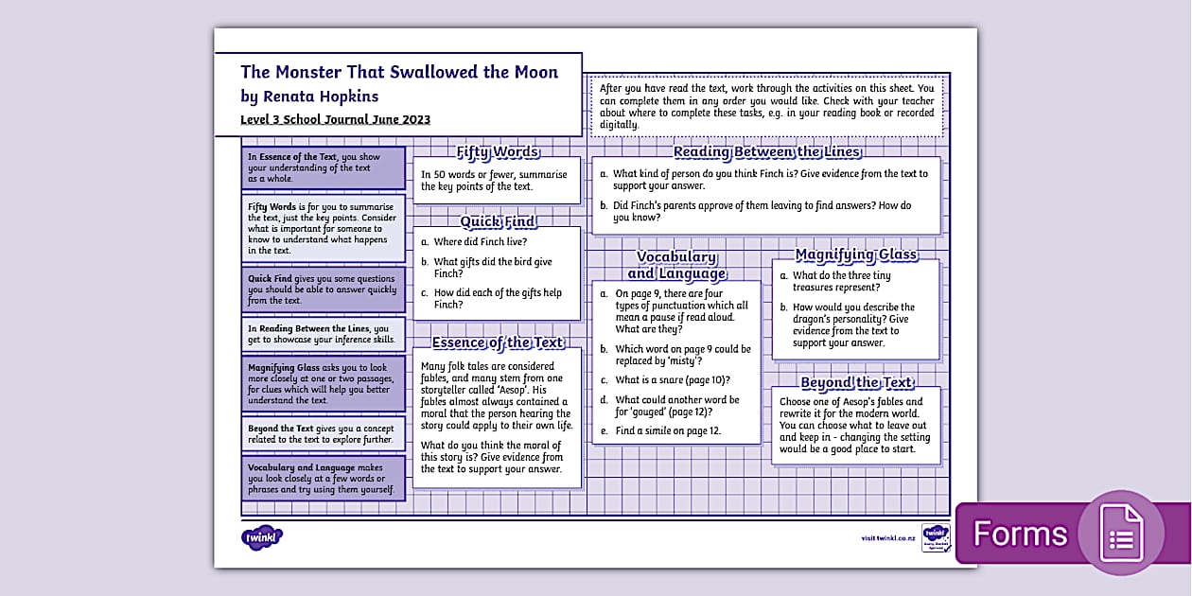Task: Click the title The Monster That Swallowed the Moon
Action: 399,72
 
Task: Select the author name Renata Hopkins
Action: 323,96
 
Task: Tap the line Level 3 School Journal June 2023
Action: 335,119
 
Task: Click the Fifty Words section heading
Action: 498,152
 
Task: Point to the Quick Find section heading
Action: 498,221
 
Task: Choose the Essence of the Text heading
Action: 498,342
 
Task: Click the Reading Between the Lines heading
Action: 766,152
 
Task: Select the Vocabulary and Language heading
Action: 675,265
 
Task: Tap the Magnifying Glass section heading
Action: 856,254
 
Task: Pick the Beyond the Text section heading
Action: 856,383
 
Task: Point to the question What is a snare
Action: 672,380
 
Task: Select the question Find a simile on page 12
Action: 667,431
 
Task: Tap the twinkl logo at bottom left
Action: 262,538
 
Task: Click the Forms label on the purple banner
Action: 1020,534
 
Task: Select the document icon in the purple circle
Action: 1121,533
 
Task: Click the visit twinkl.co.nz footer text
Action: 887,538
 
